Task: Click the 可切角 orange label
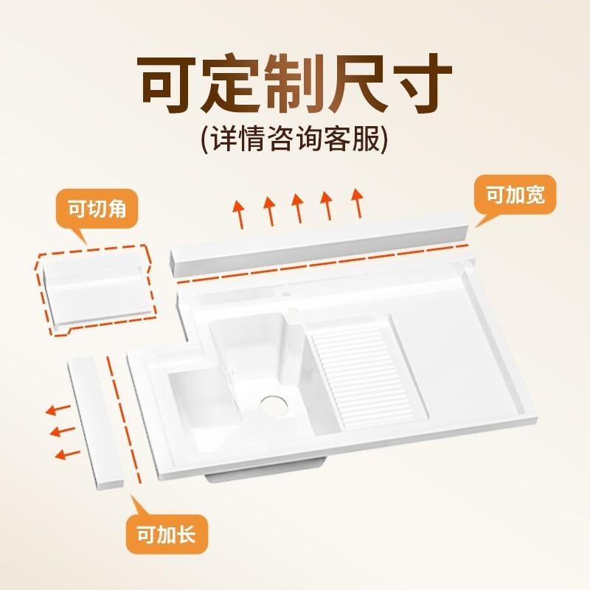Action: coord(98,209)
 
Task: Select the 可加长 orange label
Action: coord(167,533)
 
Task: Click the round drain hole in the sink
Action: coord(274,403)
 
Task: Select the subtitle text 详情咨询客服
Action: coord(294,139)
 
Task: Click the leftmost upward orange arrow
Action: coord(239,213)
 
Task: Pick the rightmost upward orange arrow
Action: coord(357,201)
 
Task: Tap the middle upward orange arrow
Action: coord(298,206)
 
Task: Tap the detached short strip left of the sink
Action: coord(96,420)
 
